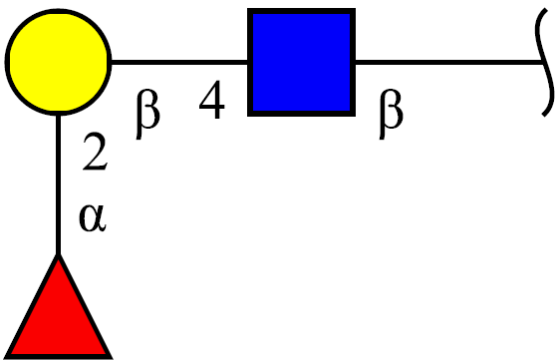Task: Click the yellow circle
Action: point(58,62)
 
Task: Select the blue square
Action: point(301,62)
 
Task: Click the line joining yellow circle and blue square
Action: point(179,62)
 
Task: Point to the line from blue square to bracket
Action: point(449,62)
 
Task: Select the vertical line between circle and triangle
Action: point(58,184)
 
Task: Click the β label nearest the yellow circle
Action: point(147,114)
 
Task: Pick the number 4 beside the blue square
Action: point(212,100)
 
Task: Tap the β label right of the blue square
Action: point(391,114)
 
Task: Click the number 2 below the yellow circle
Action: point(95,152)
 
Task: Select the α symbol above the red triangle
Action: point(93,218)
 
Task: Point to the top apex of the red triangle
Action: point(58,254)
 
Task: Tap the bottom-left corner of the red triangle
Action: point(5,358)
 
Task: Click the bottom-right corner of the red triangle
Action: point(112,358)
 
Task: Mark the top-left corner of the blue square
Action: point(248,9)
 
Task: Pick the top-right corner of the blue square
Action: point(355,9)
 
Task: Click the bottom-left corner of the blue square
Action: point(248,116)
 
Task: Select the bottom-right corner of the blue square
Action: point(355,116)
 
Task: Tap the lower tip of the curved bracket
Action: point(543,116)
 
